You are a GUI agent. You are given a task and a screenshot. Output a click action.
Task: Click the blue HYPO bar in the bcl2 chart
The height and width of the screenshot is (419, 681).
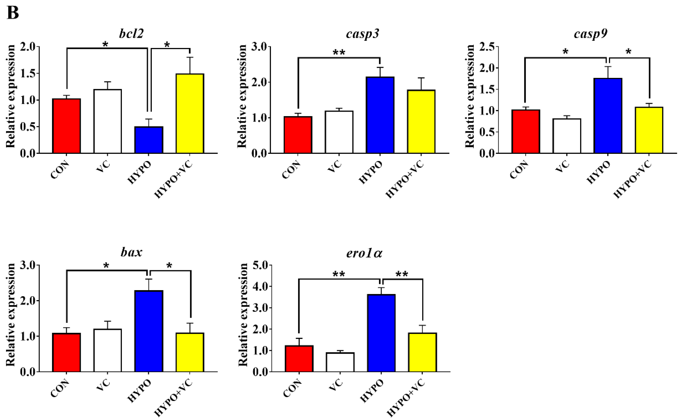(x=149, y=140)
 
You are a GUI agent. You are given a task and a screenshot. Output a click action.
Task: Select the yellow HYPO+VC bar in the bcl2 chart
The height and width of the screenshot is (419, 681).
(x=190, y=114)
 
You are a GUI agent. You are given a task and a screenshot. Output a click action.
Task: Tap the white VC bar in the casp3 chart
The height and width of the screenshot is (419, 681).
(x=339, y=132)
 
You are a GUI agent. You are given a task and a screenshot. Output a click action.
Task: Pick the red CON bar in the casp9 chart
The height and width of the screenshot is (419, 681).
(x=526, y=132)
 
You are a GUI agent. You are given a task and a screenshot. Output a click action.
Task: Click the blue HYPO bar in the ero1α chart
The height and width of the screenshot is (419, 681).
(x=381, y=333)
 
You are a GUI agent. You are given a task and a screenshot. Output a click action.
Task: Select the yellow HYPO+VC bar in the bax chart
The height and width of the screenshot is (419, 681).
(x=190, y=352)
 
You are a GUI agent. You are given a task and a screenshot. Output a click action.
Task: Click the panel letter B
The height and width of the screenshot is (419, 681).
(x=13, y=13)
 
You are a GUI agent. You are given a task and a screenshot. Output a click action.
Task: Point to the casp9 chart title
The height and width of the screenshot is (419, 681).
(x=590, y=34)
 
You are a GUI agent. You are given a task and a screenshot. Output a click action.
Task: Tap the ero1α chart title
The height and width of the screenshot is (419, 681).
(x=364, y=253)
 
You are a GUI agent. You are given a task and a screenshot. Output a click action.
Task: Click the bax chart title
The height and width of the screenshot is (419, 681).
(x=131, y=252)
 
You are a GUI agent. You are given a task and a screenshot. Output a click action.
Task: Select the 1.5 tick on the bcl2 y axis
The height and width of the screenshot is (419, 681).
(x=28, y=73)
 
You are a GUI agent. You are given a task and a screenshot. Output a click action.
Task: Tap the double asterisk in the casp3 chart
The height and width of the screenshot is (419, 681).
(x=339, y=52)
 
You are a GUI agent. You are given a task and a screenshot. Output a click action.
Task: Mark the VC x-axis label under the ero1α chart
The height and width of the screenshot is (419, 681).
(x=336, y=385)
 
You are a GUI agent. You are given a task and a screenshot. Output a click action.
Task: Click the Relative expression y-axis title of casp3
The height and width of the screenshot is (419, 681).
(x=242, y=96)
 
